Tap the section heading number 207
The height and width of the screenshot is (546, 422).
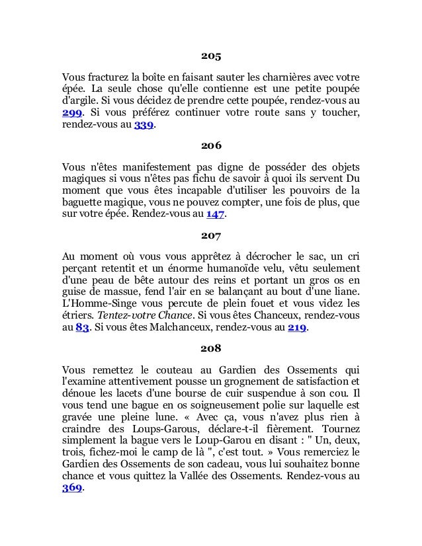click(211, 234)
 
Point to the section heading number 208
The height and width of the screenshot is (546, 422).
click(211, 348)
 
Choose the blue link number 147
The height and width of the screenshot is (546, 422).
click(216, 215)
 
